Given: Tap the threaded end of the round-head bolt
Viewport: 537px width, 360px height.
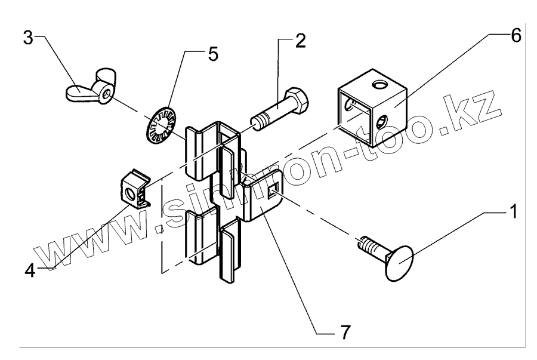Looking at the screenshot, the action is (x=366, y=245).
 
